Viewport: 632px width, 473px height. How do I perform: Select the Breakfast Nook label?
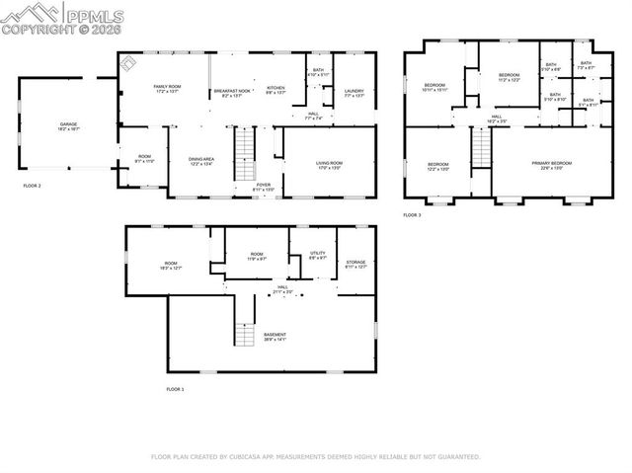point(232,92)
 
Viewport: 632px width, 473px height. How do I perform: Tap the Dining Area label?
point(202,160)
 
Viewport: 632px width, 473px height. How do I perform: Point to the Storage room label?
point(355,264)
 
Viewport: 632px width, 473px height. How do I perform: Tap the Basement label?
point(275,337)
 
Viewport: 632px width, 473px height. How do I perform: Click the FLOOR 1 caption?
point(175,389)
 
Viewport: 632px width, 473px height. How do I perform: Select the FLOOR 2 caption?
point(33,185)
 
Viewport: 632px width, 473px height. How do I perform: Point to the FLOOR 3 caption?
point(412,214)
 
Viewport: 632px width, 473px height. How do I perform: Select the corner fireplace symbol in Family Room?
point(128,62)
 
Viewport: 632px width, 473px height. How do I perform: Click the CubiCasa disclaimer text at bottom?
point(315,457)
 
